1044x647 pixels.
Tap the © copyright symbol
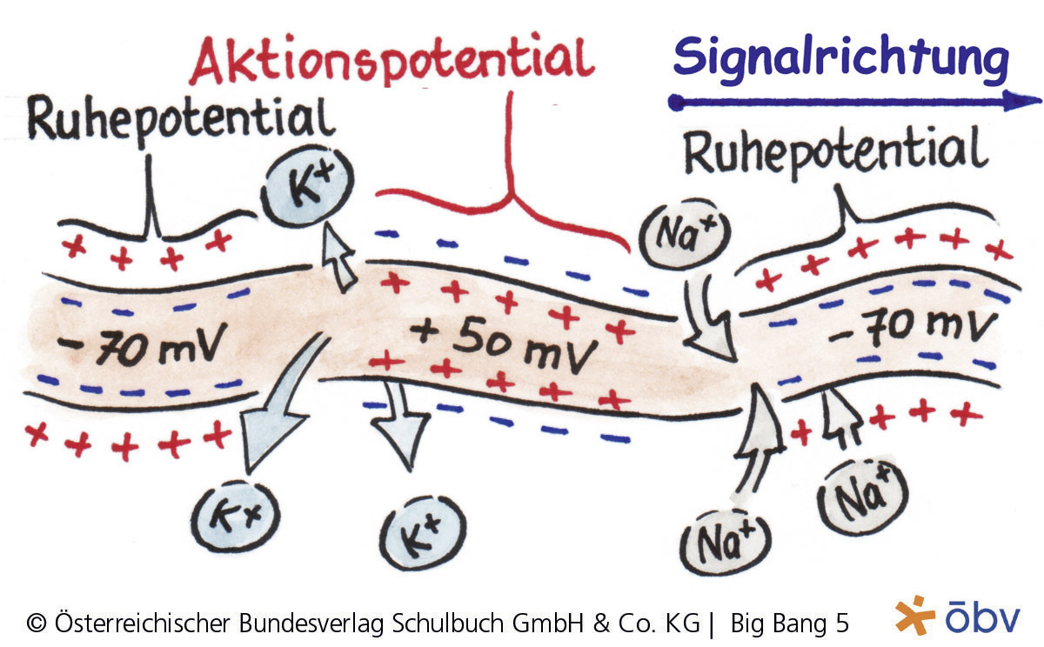(x=37, y=623)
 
